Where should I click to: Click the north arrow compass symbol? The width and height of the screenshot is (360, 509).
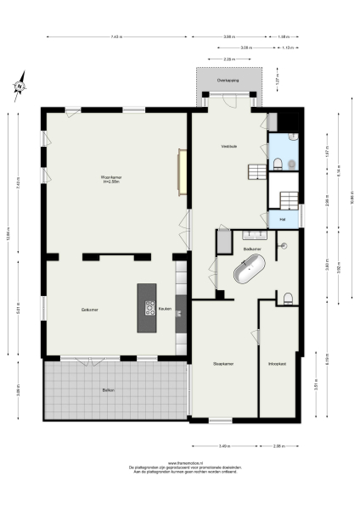pyautogui.click(x=19, y=86)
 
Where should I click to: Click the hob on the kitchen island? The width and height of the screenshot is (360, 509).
pyautogui.click(x=148, y=310)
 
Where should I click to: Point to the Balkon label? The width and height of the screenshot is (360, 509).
pyautogui.click(x=109, y=389)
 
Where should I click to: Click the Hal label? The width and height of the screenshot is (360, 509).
pyautogui.click(x=282, y=220)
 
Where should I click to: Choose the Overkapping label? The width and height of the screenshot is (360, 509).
pyautogui.click(x=228, y=80)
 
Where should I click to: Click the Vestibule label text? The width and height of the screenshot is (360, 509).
pyautogui.click(x=228, y=146)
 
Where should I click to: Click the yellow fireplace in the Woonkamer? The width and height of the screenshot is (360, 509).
pyautogui.click(x=181, y=171)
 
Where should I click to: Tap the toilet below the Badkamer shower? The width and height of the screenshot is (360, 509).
pyautogui.click(x=289, y=297)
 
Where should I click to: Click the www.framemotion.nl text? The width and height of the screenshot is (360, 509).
pyautogui.click(x=179, y=463)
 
